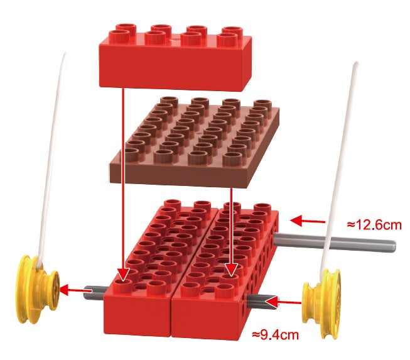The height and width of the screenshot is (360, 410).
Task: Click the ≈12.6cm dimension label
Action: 374,225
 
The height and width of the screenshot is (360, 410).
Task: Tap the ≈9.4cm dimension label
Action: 276,334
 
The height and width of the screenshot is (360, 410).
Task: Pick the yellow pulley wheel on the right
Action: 322,304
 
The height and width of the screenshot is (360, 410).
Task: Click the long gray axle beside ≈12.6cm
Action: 335,243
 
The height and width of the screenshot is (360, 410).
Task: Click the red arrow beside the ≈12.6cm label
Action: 308,221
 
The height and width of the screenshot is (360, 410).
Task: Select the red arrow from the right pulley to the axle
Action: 283,302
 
